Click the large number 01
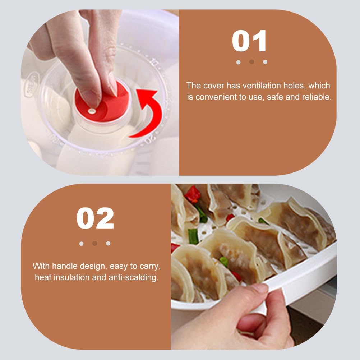(249, 41)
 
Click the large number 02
(95, 218)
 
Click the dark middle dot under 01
(251, 62)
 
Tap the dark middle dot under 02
(95, 243)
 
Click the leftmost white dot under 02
(82, 243)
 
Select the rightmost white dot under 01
(265, 62)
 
